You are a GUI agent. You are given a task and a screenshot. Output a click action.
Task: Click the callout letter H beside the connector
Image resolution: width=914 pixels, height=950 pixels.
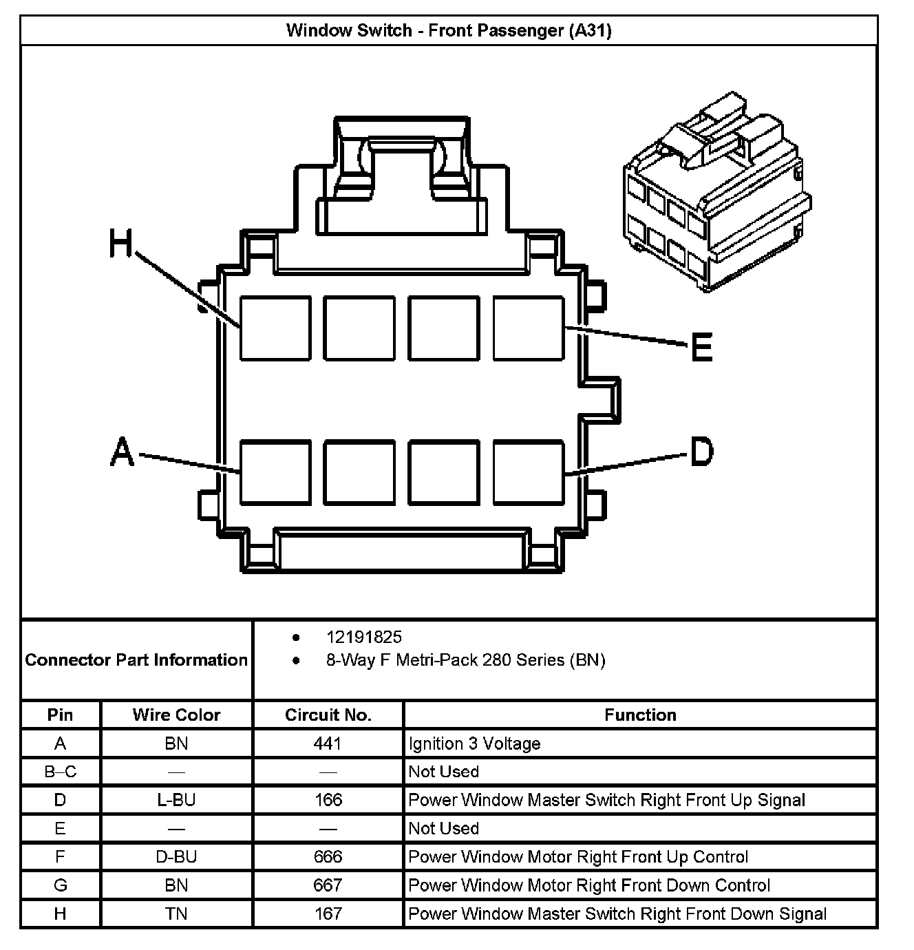pyautogui.click(x=121, y=244)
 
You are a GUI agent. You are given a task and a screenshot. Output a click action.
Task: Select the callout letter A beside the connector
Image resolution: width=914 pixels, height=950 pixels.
pyautogui.click(x=122, y=452)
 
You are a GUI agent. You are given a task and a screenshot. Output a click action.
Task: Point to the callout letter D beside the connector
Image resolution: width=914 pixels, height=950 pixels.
pyautogui.click(x=701, y=452)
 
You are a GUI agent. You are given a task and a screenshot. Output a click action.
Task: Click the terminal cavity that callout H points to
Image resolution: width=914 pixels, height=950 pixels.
pyautogui.click(x=275, y=328)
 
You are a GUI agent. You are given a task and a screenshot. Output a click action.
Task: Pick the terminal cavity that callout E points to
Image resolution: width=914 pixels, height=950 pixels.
pyautogui.click(x=529, y=328)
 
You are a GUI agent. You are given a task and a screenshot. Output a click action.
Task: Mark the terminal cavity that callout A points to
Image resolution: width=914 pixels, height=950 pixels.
pyautogui.click(x=275, y=472)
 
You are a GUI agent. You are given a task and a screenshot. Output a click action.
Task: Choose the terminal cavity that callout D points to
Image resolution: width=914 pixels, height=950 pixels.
pyautogui.click(x=529, y=472)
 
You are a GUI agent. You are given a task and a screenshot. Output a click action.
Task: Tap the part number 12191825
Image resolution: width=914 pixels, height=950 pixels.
pyautogui.click(x=363, y=637)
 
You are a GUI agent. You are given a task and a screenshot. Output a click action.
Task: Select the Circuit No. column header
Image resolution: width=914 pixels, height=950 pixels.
pyautogui.click(x=328, y=715)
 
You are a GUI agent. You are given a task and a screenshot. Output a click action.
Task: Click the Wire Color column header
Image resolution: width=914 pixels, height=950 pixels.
pyautogui.click(x=176, y=715)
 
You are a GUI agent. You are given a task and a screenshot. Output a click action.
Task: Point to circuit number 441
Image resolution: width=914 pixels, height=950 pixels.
pyautogui.click(x=328, y=743)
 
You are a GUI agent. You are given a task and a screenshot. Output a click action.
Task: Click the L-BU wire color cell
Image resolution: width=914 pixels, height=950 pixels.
pyautogui.click(x=176, y=800)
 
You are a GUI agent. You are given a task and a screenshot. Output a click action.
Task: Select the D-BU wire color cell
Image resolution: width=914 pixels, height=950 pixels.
pyautogui.click(x=176, y=857)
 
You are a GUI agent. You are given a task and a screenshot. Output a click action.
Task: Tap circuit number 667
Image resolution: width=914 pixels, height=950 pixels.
pyautogui.click(x=328, y=885)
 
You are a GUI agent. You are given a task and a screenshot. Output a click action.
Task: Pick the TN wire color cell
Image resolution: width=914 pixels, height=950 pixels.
pyautogui.click(x=176, y=914)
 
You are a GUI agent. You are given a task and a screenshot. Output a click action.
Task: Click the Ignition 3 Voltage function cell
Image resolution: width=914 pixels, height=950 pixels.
pyautogui.click(x=474, y=743)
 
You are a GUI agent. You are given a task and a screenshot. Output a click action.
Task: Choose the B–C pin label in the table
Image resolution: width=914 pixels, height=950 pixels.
pyautogui.click(x=61, y=772)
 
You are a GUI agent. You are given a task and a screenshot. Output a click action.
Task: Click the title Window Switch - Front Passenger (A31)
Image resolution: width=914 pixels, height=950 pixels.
pyautogui.click(x=449, y=30)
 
